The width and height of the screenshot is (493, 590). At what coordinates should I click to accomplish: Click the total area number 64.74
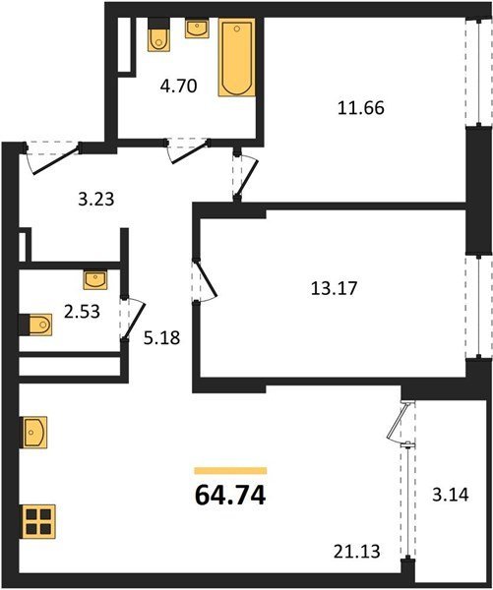(x=230, y=496)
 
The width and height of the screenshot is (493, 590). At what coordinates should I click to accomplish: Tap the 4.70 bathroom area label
(x=178, y=87)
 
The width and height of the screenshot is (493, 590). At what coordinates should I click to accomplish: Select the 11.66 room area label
(x=361, y=108)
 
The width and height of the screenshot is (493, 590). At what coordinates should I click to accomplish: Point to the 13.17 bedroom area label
(x=334, y=288)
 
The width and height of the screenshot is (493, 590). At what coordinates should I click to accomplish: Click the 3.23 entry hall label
(x=96, y=199)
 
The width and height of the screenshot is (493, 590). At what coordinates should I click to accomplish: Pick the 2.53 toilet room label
(x=82, y=312)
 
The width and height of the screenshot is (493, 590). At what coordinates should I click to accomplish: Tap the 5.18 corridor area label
(x=162, y=338)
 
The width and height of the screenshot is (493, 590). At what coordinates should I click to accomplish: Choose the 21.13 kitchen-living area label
(x=356, y=552)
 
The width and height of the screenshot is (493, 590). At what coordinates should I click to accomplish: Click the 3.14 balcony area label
(x=451, y=495)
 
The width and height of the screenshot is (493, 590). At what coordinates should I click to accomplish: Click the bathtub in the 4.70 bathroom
(x=237, y=57)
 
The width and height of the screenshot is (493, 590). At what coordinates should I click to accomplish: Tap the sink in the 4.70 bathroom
(x=196, y=29)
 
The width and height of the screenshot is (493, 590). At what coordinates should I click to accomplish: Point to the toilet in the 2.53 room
(x=35, y=324)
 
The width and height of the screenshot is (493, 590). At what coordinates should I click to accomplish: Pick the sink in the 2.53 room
(x=95, y=280)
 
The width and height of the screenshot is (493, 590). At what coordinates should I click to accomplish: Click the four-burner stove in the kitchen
(x=38, y=521)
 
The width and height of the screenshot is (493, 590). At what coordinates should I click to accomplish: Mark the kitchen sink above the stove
(x=35, y=432)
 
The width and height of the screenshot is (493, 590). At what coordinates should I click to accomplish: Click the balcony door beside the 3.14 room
(x=401, y=422)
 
